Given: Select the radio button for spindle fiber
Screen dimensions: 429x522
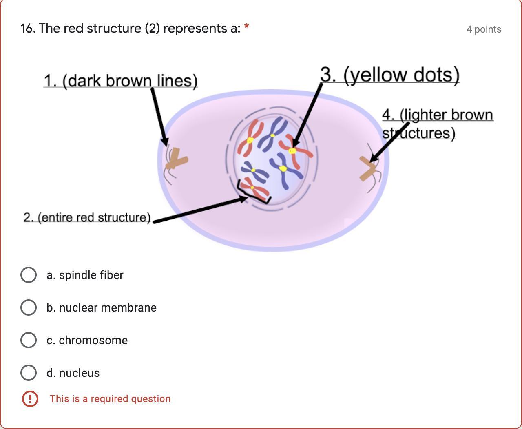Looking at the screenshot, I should pos(28,275).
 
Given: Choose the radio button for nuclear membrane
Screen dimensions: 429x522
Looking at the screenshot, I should pos(28,307).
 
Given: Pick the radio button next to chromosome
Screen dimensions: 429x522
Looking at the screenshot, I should pos(28,340).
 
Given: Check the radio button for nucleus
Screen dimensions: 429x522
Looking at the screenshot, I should pos(28,373).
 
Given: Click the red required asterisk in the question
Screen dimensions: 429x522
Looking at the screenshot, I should pos(246,28).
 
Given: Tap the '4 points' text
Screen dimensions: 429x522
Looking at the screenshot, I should pos(484,29).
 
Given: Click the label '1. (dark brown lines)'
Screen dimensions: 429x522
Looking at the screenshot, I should pos(120,81).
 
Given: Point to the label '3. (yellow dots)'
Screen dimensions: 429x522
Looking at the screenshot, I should pos(389,75).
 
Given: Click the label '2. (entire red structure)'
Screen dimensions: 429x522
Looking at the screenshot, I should pos(87,217).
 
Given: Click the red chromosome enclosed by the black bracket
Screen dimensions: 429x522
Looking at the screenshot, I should pos(254,188).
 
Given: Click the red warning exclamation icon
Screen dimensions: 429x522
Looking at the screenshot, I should pos(30,399).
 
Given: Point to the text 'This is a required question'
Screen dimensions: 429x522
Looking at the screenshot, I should pos(110,399).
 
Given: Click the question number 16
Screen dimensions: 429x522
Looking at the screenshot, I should pos(28,29).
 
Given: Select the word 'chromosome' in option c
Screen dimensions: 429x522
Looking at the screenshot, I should pos(93,340).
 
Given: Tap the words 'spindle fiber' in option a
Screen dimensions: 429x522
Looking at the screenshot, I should pos(91,275).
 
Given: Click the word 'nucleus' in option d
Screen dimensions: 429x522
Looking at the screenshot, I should pos(79,373).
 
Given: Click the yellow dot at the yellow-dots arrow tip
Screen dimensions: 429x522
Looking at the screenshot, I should pos(292,151).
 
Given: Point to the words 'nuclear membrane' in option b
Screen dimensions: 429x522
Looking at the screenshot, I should pos(108,307).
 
